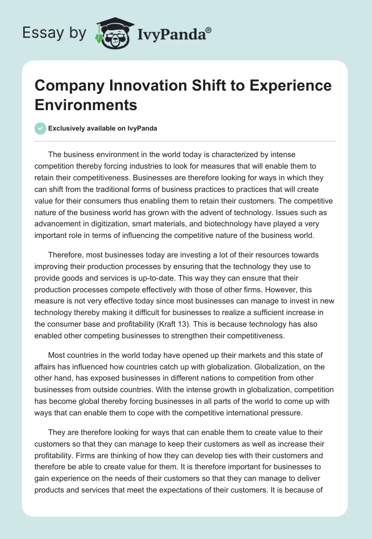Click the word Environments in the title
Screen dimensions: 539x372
pyautogui.click(x=86, y=105)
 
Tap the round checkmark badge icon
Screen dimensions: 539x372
pyautogui.click(x=40, y=129)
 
